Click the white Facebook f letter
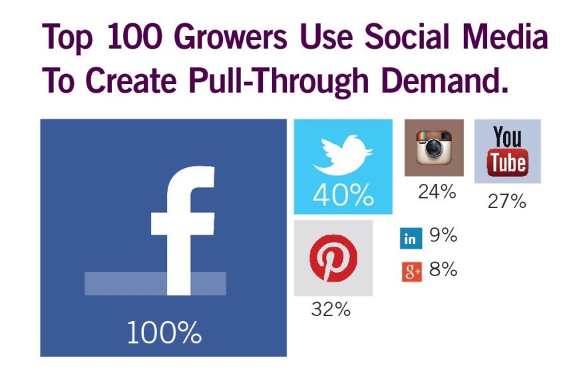point(181,227)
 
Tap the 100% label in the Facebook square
point(164,333)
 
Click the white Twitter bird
point(342,155)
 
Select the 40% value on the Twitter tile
point(343,195)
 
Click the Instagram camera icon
point(434,147)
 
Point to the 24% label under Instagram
point(437,192)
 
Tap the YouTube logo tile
point(507,151)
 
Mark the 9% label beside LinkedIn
point(443,235)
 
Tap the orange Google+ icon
point(411,272)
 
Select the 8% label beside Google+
point(443,270)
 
